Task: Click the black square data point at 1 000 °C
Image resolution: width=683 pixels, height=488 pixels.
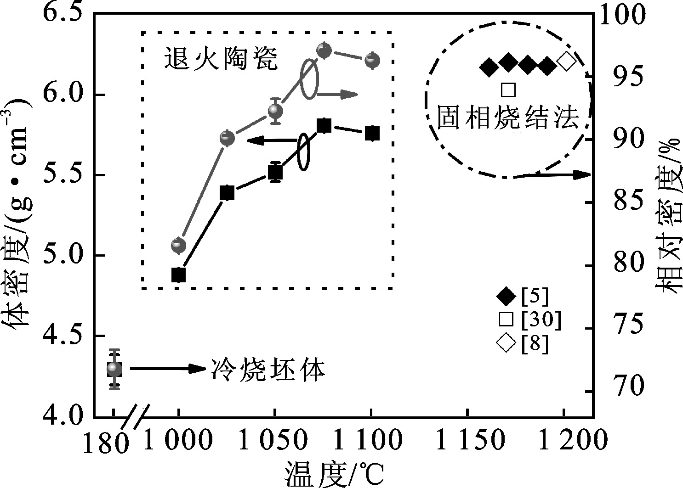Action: click(x=179, y=275)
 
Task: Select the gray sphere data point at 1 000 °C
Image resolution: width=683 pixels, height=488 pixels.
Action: click(x=179, y=245)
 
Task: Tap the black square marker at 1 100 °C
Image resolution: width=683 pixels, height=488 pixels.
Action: click(x=372, y=133)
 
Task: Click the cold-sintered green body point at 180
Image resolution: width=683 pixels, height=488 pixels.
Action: click(x=114, y=369)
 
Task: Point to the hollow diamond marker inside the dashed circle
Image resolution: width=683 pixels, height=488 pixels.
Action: click(x=567, y=61)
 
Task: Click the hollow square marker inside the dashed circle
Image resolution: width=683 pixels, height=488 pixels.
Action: click(x=508, y=90)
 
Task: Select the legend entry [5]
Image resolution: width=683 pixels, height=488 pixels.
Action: click(x=523, y=296)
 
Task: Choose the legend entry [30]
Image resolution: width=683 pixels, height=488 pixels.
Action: click(x=529, y=320)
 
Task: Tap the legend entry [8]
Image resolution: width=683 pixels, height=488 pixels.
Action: click(x=523, y=343)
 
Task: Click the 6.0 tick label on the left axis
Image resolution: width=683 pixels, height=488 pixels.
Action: click(x=63, y=95)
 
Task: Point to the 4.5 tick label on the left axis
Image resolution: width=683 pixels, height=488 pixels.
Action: click(x=63, y=336)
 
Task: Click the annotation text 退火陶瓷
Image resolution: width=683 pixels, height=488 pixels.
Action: click(x=221, y=58)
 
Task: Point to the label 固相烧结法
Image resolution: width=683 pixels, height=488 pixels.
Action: click(x=507, y=117)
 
